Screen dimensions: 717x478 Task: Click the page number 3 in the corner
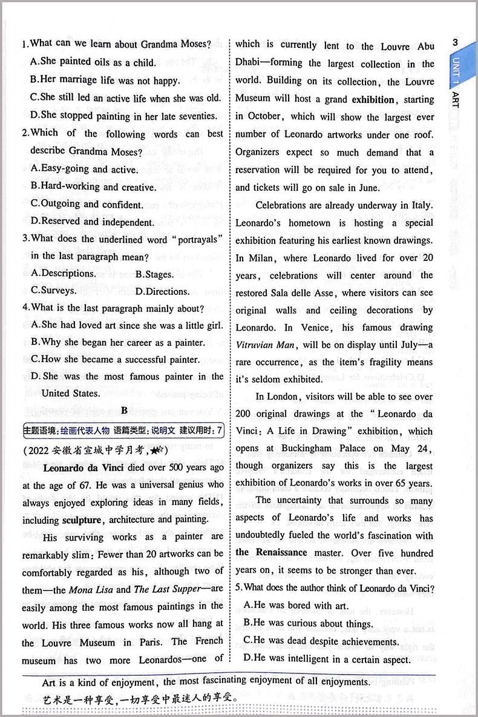pos(455,42)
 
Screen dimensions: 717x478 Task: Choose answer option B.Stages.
pos(154,274)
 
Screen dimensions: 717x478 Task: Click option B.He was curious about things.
pos(308,623)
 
